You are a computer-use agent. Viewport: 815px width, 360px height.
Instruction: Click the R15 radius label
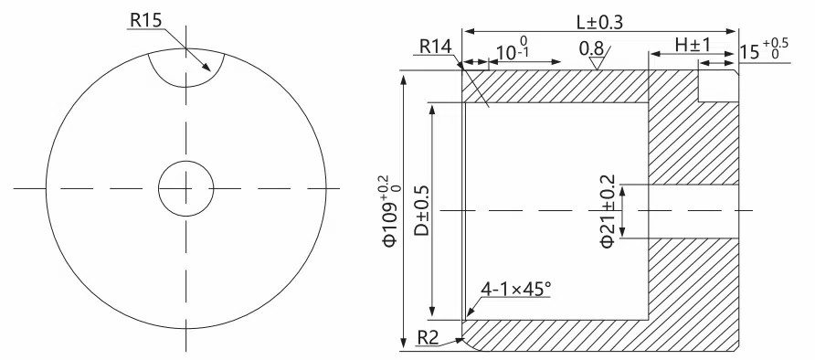click(146, 20)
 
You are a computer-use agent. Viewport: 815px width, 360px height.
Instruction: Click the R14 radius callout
click(436, 47)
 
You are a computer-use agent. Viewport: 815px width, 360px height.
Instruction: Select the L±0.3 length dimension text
click(599, 22)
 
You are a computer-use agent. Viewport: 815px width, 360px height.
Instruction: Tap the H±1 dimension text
click(693, 45)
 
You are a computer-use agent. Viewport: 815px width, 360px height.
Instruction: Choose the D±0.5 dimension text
click(422, 210)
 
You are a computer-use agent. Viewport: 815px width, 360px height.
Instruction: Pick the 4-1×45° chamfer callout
click(515, 289)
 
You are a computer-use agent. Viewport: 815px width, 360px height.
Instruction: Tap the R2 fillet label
click(429, 338)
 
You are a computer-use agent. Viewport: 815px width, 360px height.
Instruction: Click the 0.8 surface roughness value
click(591, 48)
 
